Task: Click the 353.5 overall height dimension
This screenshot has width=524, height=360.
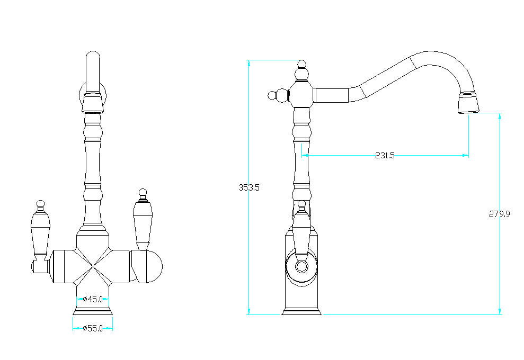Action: pyautogui.click(x=249, y=188)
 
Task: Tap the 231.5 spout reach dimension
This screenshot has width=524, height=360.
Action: pyautogui.click(x=385, y=156)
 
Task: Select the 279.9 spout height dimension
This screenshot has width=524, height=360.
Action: pyautogui.click(x=500, y=214)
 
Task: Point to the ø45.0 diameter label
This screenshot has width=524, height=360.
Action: pyautogui.click(x=93, y=299)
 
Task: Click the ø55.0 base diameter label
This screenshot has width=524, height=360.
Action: pyautogui.click(x=93, y=329)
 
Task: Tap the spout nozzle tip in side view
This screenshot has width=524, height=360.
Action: pyautogui.click(x=468, y=103)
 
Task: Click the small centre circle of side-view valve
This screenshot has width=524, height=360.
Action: pyautogui.click(x=301, y=266)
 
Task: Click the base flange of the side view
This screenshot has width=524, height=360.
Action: pyautogui.click(x=301, y=312)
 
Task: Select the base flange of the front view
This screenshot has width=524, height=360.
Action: pyautogui.click(x=93, y=312)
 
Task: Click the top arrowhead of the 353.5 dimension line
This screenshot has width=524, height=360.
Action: pyautogui.click(x=248, y=64)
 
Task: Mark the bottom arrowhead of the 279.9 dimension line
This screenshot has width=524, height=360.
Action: pyautogui.click(x=500, y=311)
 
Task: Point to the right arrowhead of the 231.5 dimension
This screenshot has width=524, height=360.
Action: pyautogui.click(x=465, y=155)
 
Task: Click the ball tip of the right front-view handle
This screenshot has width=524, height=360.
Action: pyautogui.click(x=143, y=193)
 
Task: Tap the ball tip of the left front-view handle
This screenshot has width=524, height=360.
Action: pyautogui.click(x=40, y=204)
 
